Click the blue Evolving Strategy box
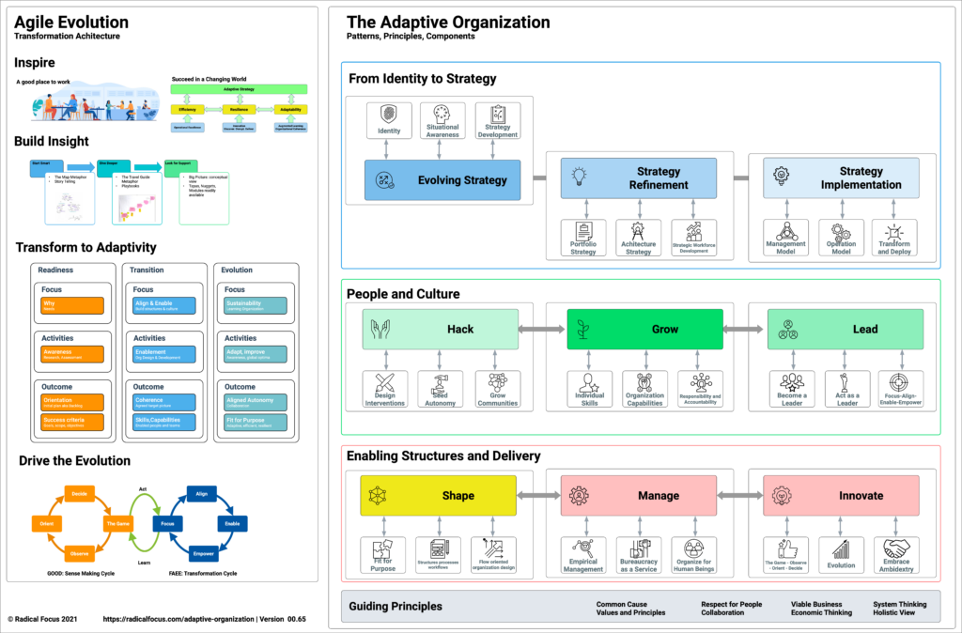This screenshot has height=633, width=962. point(441,179)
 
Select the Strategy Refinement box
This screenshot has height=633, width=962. point(638,178)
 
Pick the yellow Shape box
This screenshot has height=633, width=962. point(439,495)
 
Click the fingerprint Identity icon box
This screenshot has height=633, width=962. point(389,119)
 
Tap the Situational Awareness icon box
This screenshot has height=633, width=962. point(442,121)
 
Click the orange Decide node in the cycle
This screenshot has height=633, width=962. point(80,492)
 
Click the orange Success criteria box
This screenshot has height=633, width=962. point(70,422)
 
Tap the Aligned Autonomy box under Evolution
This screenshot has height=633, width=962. point(256,401)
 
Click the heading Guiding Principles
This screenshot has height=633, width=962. point(396,606)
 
